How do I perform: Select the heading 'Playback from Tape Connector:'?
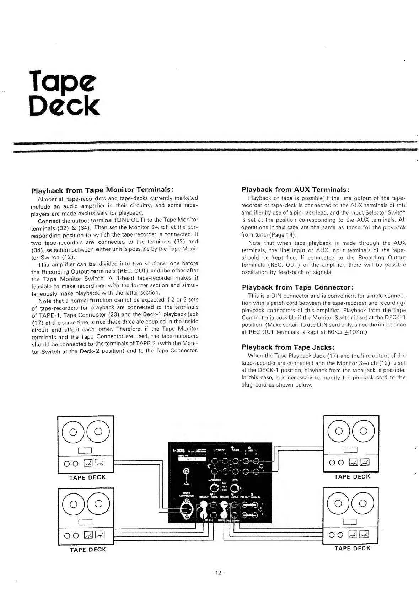click(297, 287)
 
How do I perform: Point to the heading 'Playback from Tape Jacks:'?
click(288, 347)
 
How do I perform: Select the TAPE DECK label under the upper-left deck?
click(87, 477)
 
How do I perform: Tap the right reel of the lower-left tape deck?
click(98, 504)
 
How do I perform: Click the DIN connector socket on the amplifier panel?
click(186, 510)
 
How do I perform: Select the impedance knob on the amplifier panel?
click(214, 489)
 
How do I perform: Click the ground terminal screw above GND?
click(185, 471)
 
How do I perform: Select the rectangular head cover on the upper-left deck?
click(85, 451)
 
